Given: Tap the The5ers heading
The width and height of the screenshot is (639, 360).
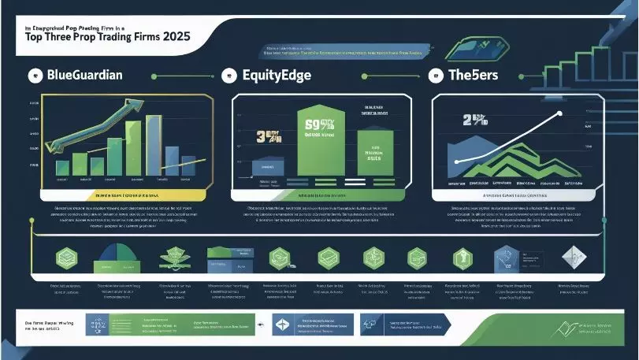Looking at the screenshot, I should (478, 76).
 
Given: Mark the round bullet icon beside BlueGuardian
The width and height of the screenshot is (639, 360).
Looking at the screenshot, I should (34, 76).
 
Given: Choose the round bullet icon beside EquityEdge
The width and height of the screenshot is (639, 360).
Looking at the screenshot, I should (229, 76).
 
